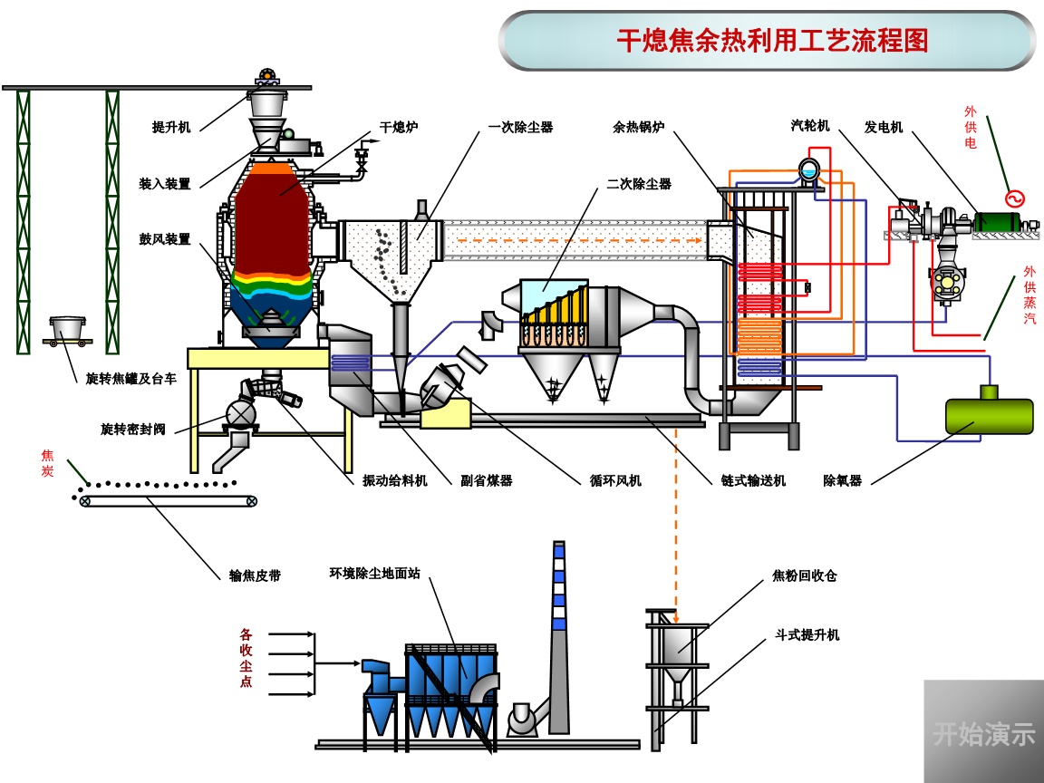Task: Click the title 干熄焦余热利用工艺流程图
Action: (x=772, y=41)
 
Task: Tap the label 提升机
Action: (x=171, y=128)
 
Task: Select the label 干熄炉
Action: (x=399, y=128)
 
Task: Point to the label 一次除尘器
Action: (x=520, y=128)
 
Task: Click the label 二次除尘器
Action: (x=639, y=184)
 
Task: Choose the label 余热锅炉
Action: (x=638, y=128)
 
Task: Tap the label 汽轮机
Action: (x=810, y=126)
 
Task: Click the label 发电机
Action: (x=884, y=128)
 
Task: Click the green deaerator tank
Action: (x=989, y=416)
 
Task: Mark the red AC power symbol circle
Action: (x=1014, y=198)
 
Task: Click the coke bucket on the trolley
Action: (x=68, y=328)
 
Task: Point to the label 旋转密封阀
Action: (x=133, y=429)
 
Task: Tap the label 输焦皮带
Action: (x=255, y=575)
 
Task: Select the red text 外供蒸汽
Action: (x=1029, y=295)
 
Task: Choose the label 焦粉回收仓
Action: (x=804, y=575)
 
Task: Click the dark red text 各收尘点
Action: (x=246, y=658)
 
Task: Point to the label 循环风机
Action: (x=615, y=480)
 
